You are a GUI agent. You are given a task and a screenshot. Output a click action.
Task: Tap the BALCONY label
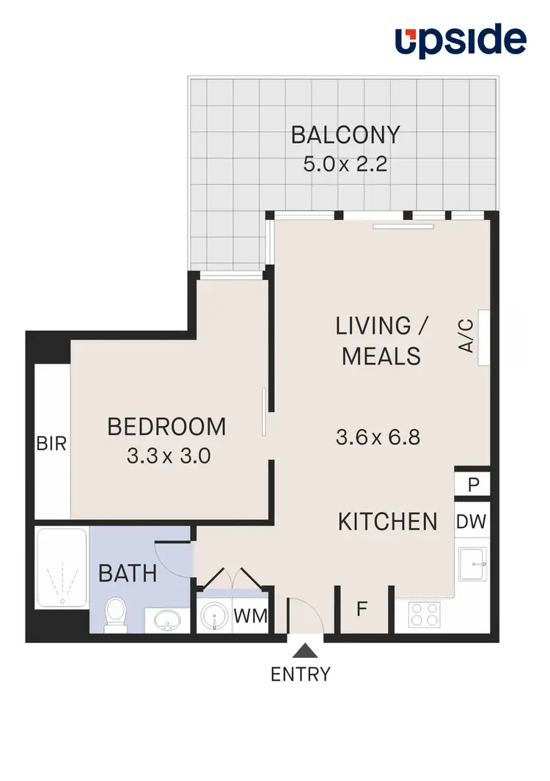coord(345,136)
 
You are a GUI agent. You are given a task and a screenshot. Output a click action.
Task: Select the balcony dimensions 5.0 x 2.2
coord(345,163)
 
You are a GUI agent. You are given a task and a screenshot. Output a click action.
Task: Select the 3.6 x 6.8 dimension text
coord(377,438)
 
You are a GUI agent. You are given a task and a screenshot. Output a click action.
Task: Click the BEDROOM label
coord(167,426)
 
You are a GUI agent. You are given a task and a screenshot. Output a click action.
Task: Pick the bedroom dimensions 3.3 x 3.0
coord(169,456)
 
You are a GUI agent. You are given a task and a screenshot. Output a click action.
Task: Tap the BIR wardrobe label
coord(52,444)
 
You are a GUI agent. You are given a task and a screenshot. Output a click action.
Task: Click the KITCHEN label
coord(387,521)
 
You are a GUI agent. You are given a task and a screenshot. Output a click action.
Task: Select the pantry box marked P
coord(472,484)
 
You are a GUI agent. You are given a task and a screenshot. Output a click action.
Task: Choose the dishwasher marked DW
coord(472,521)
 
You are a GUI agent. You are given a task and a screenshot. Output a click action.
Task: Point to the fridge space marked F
coord(362,608)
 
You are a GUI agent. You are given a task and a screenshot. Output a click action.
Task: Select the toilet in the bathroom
coord(116,615)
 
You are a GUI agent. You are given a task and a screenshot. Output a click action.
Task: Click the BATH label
coord(128,573)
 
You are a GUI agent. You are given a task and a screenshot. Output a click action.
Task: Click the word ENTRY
coord(301,674)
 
